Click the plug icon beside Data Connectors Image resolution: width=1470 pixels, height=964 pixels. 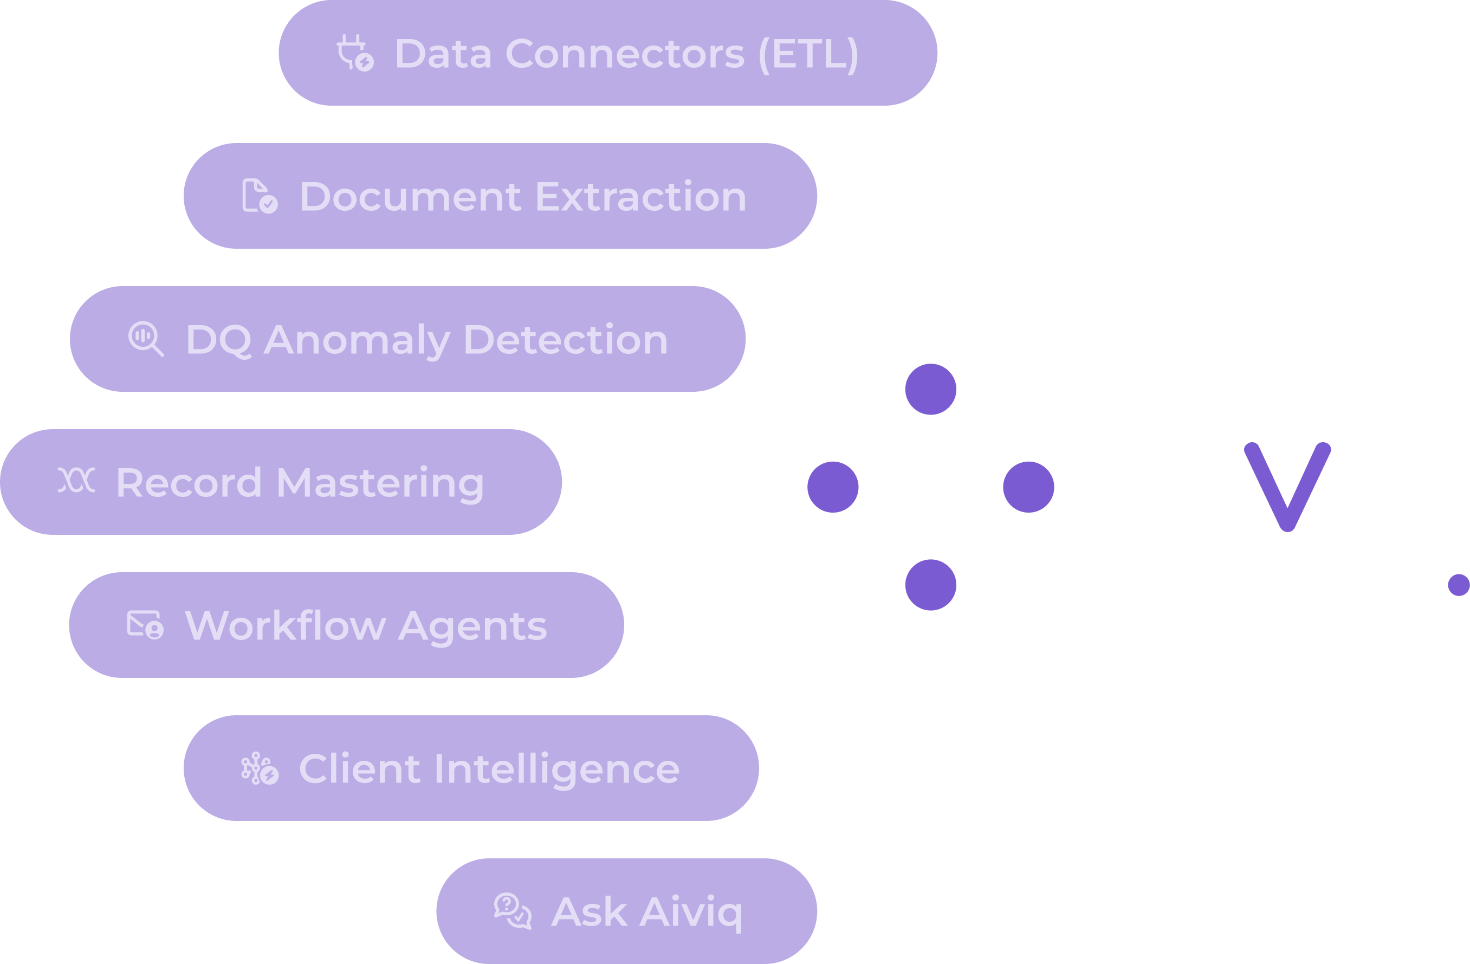coord(354,53)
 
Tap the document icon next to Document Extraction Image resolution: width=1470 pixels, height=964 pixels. coord(260,196)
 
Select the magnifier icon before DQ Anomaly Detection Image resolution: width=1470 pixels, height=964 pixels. coord(146,339)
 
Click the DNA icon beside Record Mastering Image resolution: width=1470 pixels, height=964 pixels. coord(76,481)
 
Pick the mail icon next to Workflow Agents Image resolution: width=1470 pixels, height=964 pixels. coord(145,624)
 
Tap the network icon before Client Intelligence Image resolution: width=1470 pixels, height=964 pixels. coord(260,768)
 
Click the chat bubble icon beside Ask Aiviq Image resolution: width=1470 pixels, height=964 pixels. coord(513,911)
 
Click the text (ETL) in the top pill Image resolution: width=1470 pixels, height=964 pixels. coord(808,54)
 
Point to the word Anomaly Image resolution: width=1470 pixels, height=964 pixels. coord(357,340)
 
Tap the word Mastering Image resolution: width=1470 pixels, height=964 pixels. coord(380,483)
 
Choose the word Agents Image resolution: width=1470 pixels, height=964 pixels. coord(472,627)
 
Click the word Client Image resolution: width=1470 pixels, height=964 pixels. coord(359,769)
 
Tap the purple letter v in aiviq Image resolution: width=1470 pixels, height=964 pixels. coord(1288,486)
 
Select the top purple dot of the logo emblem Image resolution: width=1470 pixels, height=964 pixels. coord(930,389)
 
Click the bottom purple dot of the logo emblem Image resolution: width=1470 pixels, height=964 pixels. coord(930,585)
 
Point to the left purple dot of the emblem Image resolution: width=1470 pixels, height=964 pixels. coord(833,487)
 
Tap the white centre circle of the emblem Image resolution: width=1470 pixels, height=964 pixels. coord(930,487)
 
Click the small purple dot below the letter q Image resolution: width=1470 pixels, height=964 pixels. coord(1459,585)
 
